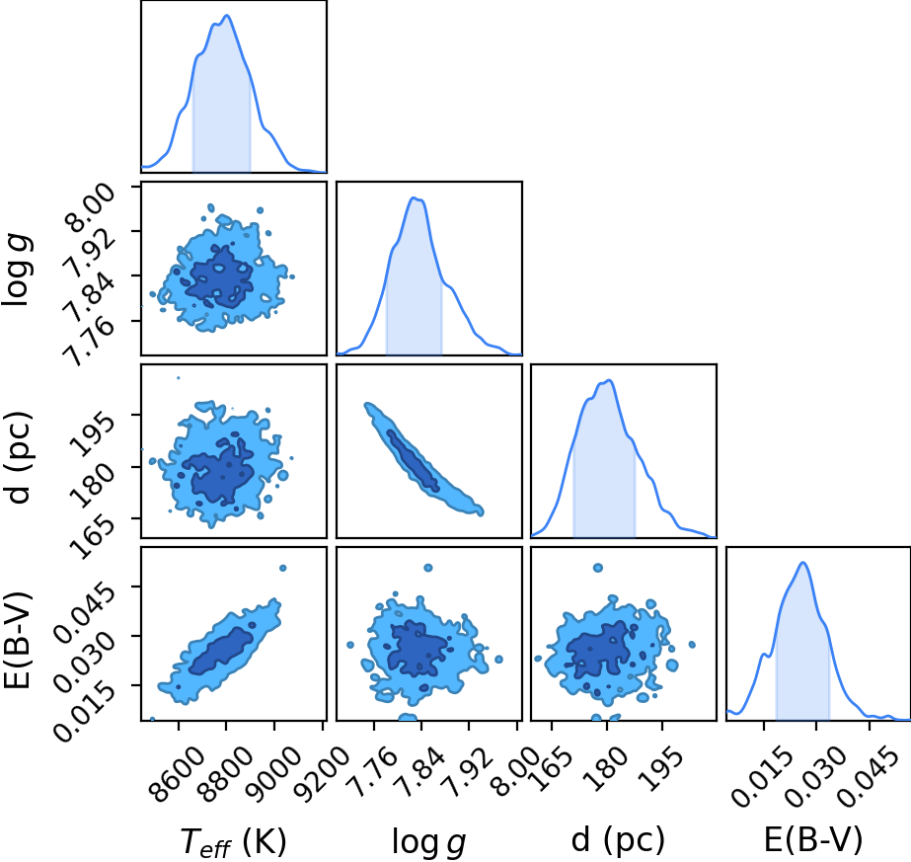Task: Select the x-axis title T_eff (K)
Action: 234,841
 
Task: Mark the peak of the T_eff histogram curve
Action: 227,16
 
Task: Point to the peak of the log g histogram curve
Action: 415,198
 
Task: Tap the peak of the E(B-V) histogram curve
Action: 803,563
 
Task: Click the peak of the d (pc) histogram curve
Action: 609,381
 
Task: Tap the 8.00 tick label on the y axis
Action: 89,208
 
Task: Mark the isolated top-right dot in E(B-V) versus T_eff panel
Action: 283,568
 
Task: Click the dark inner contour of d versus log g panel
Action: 414,460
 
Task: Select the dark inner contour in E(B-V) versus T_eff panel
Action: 221,651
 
